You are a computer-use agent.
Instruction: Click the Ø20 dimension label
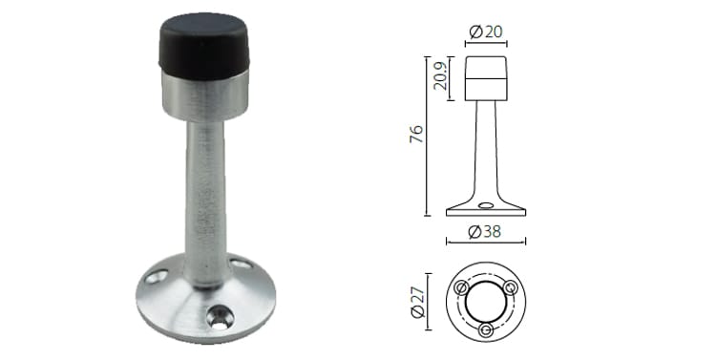click(487, 32)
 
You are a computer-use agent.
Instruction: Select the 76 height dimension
click(415, 136)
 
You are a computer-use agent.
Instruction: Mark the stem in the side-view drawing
click(486, 153)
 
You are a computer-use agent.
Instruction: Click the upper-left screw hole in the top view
click(463, 287)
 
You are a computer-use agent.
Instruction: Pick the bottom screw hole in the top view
click(486, 329)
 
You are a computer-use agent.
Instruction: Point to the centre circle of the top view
click(486, 301)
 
